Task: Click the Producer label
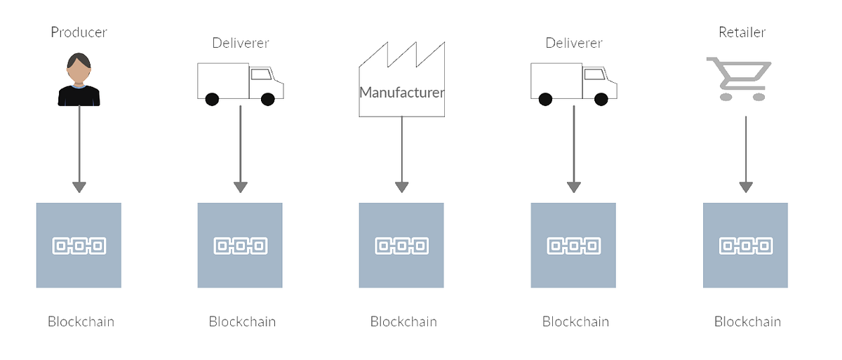tap(79, 32)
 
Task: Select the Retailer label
tap(742, 32)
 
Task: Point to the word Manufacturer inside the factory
tap(401, 92)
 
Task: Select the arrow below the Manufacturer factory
tap(401, 154)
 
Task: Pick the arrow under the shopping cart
tap(745, 154)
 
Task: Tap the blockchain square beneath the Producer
tap(79, 245)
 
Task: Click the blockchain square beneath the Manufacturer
tap(401, 245)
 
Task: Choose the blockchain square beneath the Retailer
tap(745, 245)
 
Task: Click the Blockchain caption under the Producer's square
tap(81, 322)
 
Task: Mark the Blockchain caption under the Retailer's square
tap(747, 322)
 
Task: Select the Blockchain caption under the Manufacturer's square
tap(403, 322)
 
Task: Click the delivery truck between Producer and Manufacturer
tap(240, 84)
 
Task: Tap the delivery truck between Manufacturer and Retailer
tap(573, 84)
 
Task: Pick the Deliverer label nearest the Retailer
tap(574, 44)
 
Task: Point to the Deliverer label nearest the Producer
tap(241, 44)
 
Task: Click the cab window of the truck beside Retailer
tap(594, 74)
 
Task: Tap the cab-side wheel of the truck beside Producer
tap(267, 99)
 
